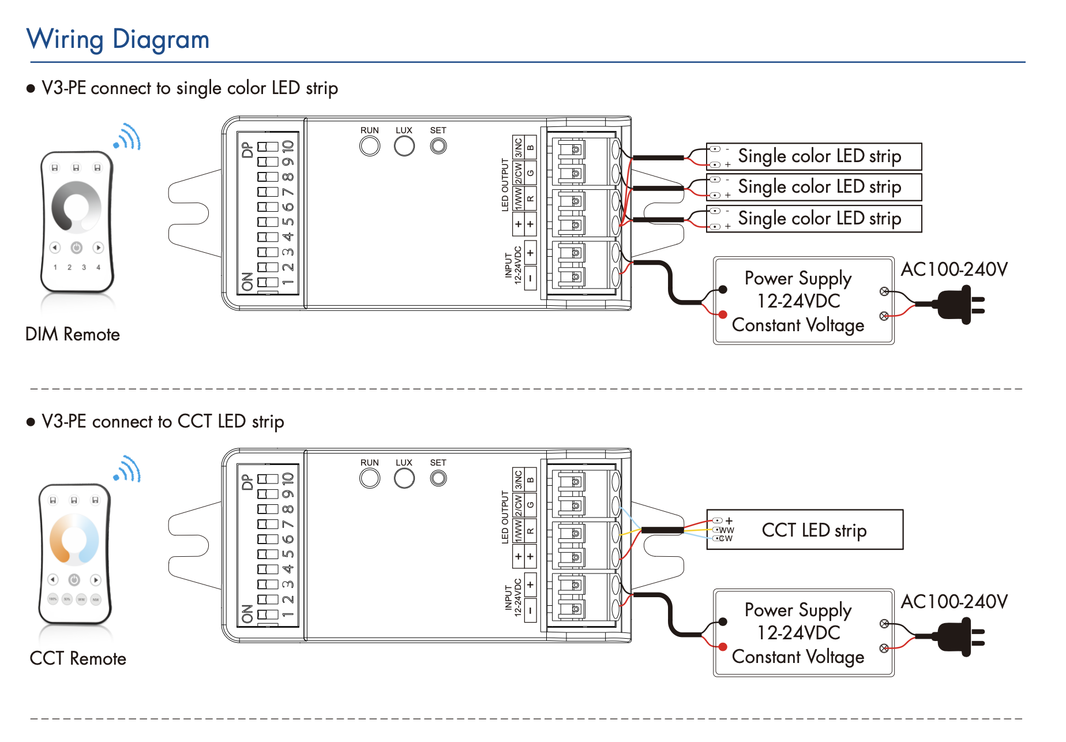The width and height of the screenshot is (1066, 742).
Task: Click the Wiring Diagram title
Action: [x=118, y=39]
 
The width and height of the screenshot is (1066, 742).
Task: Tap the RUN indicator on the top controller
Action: [x=370, y=146]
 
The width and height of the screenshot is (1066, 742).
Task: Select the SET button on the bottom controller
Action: [x=438, y=478]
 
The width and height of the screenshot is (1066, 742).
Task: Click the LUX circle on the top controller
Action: [x=404, y=146]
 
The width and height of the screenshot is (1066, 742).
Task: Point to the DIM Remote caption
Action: [x=73, y=334]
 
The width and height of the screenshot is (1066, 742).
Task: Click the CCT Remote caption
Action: [x=78, y=658]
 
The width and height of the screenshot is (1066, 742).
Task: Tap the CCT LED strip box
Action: [x=805, y=530]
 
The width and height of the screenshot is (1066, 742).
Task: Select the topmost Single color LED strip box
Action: [x=814, y=156]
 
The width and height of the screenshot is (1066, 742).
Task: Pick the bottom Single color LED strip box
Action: [x=814, y=219]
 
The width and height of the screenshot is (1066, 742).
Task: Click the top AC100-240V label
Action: [x=954, y=269]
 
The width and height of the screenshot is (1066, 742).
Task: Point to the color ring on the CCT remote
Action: [x=74, y=539]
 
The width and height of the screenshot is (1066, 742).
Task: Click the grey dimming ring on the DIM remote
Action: [x=76, y=206]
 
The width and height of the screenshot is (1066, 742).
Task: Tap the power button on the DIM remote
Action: [x=76, y=248]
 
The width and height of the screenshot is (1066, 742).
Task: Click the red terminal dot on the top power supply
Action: [x=722, y=314]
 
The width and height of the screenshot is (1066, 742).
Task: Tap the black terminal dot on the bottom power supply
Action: [x=722, y=622]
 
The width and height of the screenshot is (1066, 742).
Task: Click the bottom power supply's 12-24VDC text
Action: [x=798, y=633]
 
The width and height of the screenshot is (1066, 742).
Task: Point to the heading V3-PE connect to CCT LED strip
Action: [x=163, y=422]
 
